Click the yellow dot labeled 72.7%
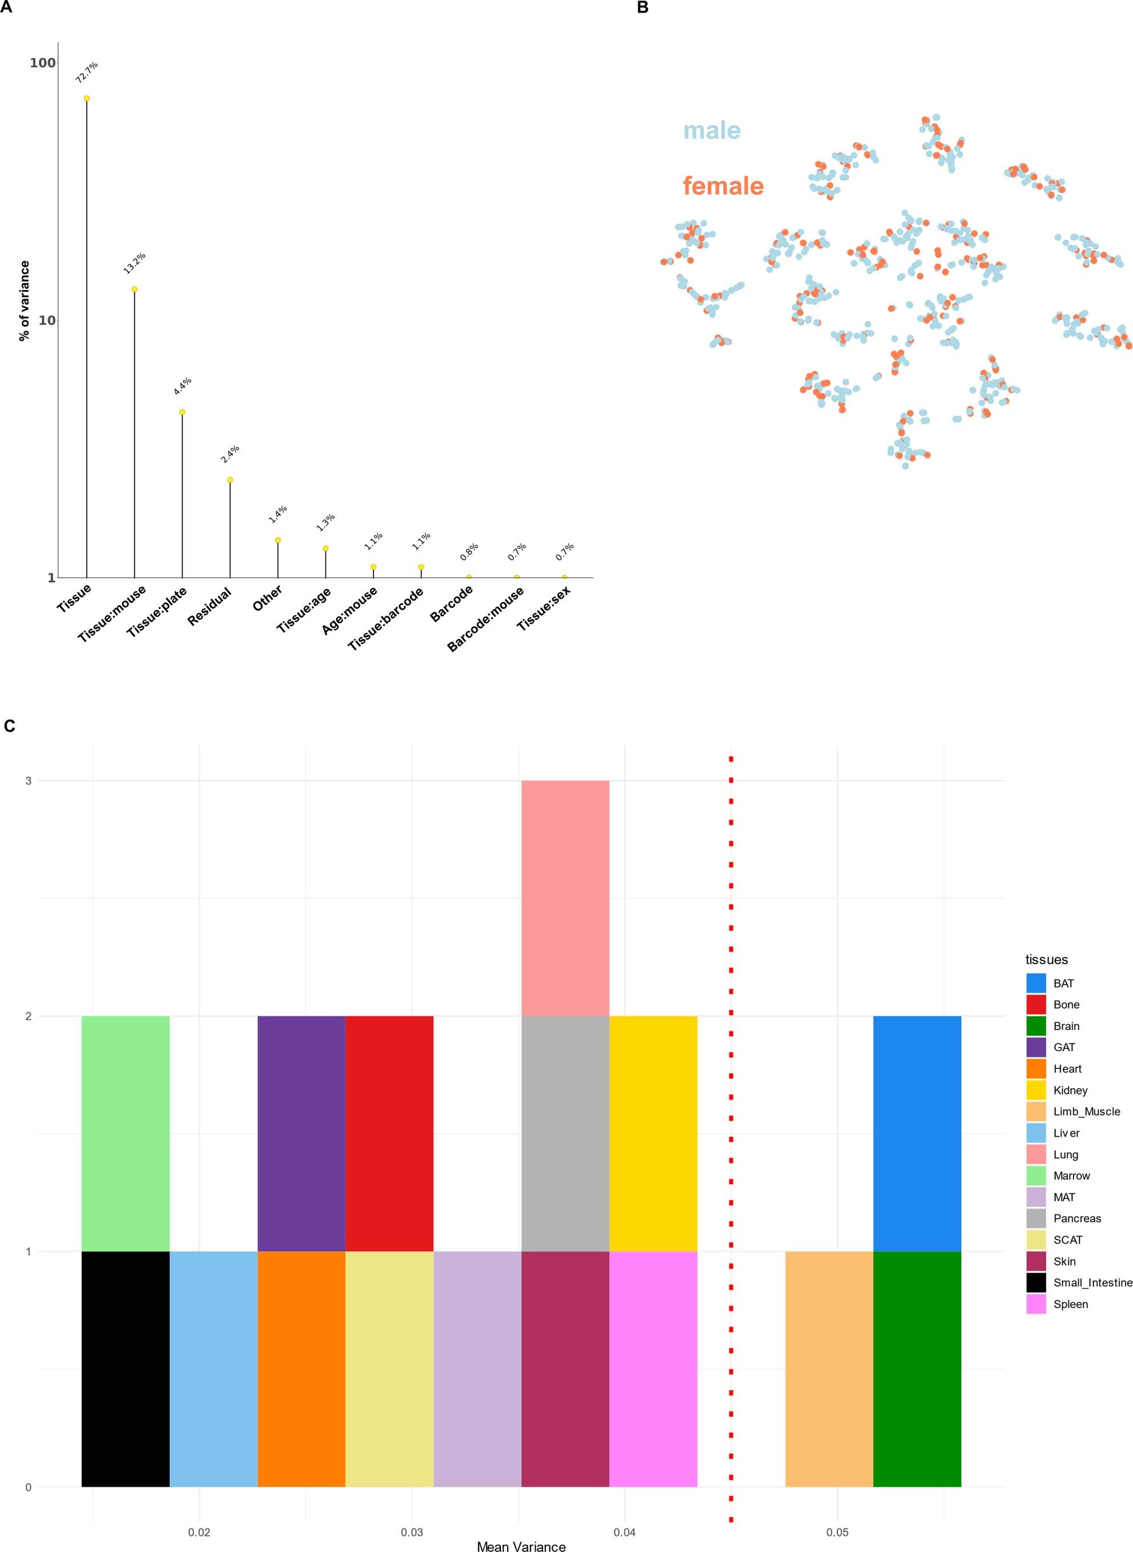click(86, 98)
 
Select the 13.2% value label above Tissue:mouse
click(134, 263)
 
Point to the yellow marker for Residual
click(230, 479)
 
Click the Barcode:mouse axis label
click(485, 619)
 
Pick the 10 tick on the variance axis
click(46, 320)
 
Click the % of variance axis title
click(25, 300)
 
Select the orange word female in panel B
click(723, 186)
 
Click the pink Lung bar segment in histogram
click(565, 898)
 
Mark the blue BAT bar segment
click(917, 1133)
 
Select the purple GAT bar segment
click(301, 1133)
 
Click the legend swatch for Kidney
click(1035, 1090)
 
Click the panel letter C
click(9, 725)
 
